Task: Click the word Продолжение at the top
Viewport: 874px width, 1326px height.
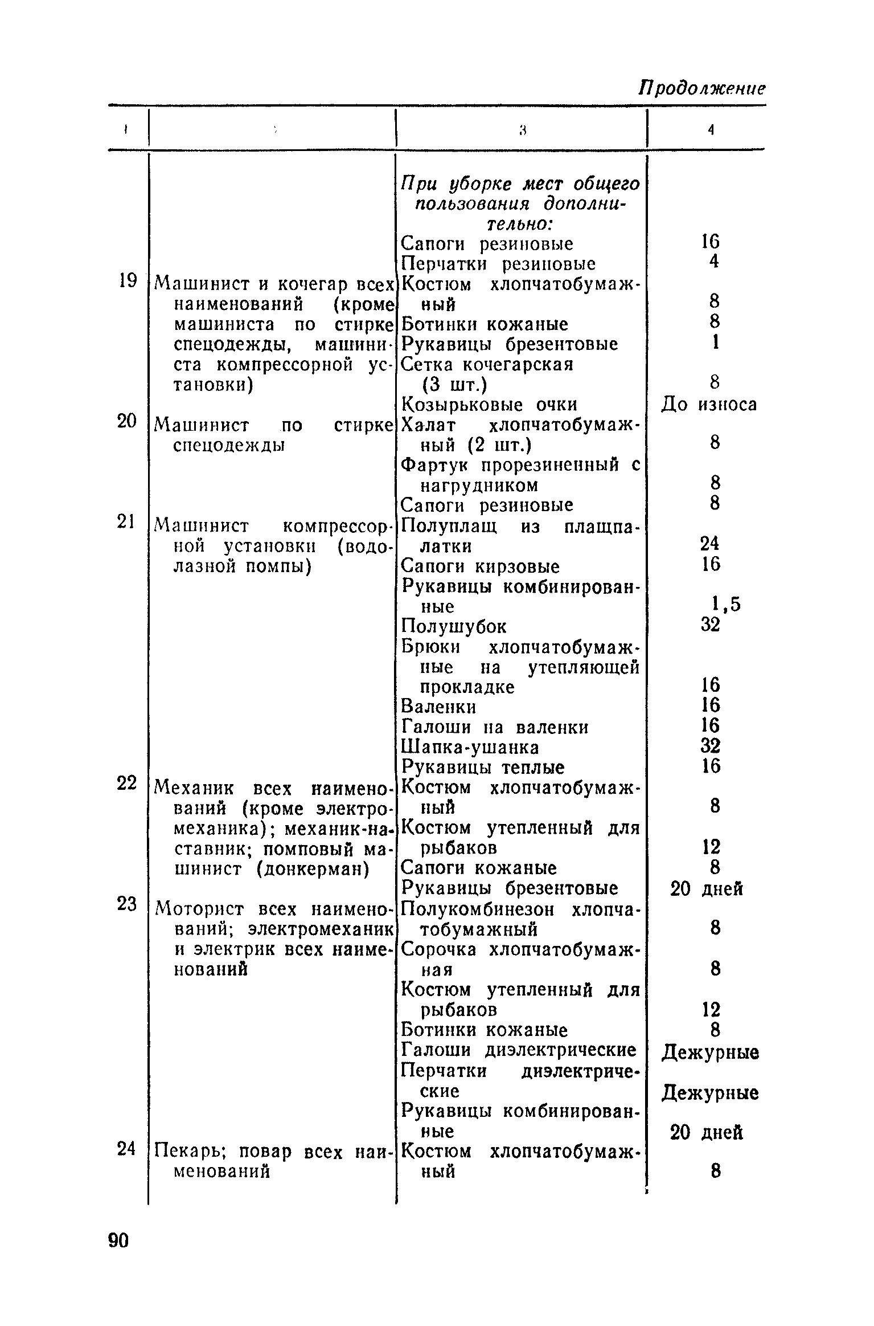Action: (701, 89)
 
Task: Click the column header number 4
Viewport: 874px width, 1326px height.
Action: (711, 130)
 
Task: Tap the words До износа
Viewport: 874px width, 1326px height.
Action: (709, 405)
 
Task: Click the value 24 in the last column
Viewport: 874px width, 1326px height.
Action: (710, 543)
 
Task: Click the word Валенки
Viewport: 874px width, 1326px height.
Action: (438, 707)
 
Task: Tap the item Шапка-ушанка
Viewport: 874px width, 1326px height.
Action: (470, 747)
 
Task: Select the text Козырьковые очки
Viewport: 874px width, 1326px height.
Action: (490, 405)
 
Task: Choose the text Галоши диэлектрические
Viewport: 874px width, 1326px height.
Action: (519, 1050)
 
